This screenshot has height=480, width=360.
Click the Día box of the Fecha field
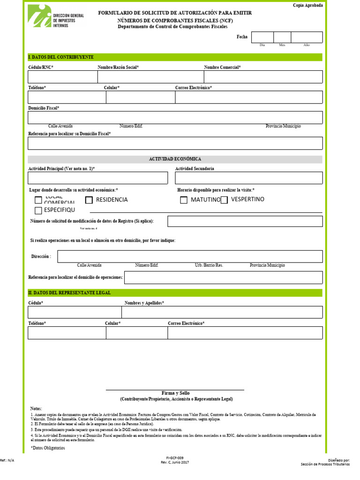262,37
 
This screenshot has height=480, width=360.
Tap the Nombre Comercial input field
263,77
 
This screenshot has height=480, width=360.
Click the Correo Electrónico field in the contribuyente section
249,97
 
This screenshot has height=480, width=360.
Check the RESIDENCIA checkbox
89,200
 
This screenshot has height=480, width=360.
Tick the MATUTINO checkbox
184,200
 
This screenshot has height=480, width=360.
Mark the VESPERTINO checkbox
224,200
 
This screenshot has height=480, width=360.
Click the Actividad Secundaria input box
249,178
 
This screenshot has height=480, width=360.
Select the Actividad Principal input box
97,178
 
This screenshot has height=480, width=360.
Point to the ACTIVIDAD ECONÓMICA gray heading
175,159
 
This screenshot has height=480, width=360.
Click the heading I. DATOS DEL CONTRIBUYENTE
61,57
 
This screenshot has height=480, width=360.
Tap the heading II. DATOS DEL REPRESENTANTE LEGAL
69,293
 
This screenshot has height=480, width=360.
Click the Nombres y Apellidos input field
222,312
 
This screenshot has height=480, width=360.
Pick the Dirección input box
190,256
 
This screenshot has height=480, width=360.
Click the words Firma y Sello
175,393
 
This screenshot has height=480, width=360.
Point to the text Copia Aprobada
307,5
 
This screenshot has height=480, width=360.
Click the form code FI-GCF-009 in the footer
175,457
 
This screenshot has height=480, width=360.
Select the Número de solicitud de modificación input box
245,221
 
